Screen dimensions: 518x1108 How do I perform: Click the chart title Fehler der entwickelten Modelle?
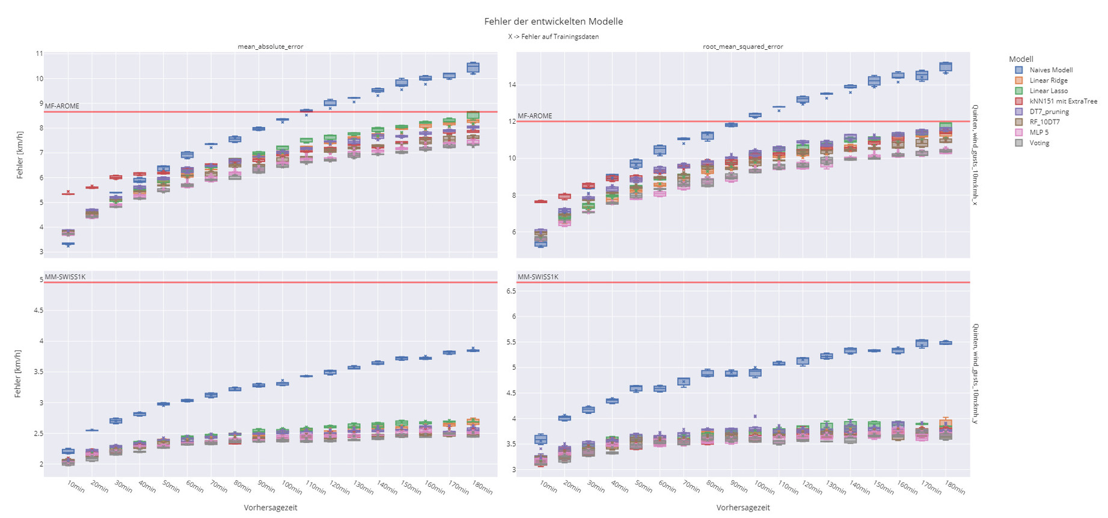tap(553, 22)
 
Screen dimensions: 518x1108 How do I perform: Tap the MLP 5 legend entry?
tap(1039, 133)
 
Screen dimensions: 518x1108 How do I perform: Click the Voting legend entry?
tap(1039, 143)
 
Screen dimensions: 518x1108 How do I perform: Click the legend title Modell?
tap(1021, 59)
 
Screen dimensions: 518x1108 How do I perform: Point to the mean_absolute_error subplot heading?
tap(271, 46)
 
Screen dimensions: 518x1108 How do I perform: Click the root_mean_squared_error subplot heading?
tap(743, 46)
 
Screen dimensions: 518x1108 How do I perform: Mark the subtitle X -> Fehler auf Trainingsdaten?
tap(553, 37)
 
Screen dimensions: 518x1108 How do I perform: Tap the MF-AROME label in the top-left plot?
tap(62, 106)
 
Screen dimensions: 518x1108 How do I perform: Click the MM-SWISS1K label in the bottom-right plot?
tap(538, 277)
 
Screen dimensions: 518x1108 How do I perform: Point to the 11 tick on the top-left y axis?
tap(39, 53)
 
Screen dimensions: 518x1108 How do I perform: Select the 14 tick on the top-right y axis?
tap(512, 85)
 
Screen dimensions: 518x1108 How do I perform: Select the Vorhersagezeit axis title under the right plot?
tap(743, 508)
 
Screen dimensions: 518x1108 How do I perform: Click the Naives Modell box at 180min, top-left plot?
tap(473, 67)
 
